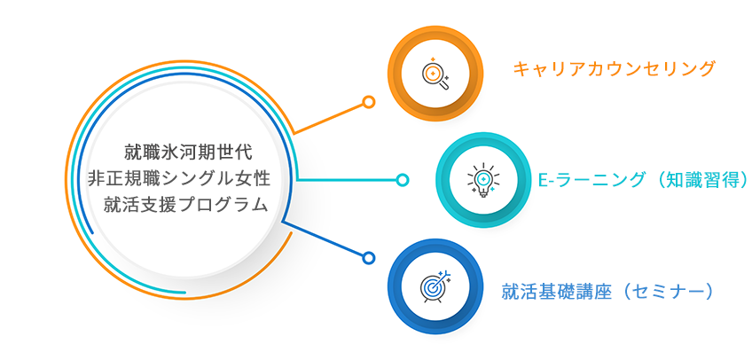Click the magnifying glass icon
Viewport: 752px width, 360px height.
click(x=435, y=74)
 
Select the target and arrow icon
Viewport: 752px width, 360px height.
click(x=436, y=286)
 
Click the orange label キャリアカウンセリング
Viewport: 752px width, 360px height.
click(x=615, y=69)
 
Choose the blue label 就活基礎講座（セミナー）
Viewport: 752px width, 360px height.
click(x=607, y=292)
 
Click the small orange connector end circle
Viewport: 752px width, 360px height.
click(x=368, y=102)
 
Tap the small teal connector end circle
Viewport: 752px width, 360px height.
click(x=403, y=180)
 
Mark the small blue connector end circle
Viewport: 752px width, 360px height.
click(x=368, y=258)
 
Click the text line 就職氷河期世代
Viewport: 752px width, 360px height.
click(x=188, y=153)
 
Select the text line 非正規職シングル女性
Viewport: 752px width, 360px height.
click(x=179, y=178)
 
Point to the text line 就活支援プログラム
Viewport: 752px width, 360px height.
click(x=185, y=205)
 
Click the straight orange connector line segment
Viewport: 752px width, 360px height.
click(x=328, y=118)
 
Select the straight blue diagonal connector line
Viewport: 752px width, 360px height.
click(x=324, y=239)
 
